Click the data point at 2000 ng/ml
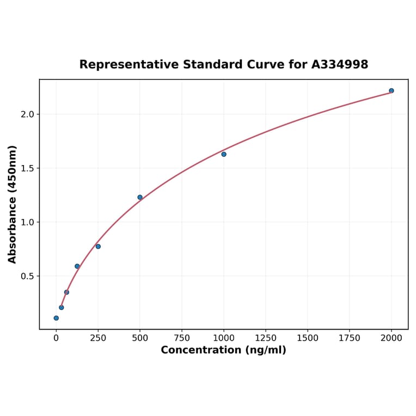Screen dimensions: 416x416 point(391,90)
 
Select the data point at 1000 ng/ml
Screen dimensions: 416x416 point(224,154)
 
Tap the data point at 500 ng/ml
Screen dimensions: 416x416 point(140,197)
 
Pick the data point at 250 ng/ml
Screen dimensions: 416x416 point(98,246)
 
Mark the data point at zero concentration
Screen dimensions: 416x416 point(56,318)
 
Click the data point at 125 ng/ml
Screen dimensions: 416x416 point(77,266)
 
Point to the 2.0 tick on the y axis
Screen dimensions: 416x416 point(27,114)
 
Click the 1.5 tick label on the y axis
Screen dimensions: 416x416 point(27,168)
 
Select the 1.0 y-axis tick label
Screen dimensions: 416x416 point(27,222)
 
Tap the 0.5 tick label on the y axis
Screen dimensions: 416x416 point(27,276)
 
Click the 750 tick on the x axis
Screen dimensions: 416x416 point(182,338)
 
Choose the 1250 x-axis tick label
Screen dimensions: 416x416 point(266,338)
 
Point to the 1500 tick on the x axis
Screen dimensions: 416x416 point(308,338)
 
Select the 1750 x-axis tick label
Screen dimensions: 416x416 point(350,338)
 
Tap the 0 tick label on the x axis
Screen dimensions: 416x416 point(56,338)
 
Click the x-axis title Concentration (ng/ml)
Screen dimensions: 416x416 point(223,350)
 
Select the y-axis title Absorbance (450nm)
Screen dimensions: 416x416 point(13,204)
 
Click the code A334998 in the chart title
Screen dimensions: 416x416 point(340,64)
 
